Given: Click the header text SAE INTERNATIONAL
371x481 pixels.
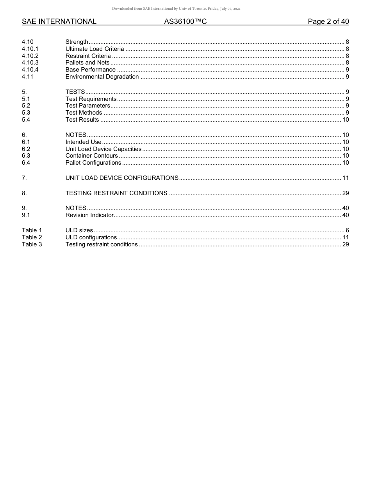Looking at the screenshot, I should click(59, 22).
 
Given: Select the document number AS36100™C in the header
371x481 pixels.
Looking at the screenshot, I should click(185, 22).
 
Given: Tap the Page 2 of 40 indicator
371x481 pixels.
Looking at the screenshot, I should click(328, 22).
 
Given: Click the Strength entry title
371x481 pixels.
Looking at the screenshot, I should click(77, 42).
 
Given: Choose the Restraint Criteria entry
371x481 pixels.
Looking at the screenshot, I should click(88, 56).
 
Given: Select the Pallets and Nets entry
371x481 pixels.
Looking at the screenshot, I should click(87, 63).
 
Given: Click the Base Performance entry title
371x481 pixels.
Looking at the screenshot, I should click(90, 70).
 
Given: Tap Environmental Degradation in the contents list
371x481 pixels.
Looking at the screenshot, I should click(102, 77).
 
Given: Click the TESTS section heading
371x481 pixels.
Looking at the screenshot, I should click(75, 92).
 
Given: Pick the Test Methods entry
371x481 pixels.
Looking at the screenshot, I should click(84, 113).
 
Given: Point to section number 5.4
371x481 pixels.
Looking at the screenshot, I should click(26, 120).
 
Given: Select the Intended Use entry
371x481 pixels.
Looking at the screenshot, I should click(83, 142).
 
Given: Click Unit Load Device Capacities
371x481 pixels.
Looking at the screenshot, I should click(103, 149).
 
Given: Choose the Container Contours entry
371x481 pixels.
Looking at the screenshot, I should click(91, 156).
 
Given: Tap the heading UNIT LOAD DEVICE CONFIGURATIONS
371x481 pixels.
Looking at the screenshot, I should click(122, 178).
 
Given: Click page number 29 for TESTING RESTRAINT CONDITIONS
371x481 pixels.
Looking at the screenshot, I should click(345, 193).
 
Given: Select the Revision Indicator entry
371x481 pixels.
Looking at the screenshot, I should click(89, 215).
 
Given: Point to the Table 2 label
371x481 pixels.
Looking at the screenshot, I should click(32, 237).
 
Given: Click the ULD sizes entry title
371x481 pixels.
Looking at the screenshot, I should click(79, 230).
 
